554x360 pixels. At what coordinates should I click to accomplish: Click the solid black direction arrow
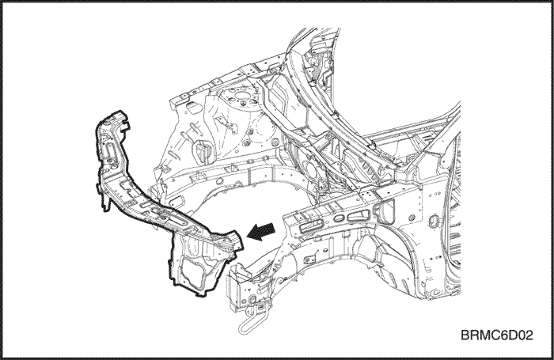point(260,232)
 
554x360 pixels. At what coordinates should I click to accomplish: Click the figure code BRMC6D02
point(496,335)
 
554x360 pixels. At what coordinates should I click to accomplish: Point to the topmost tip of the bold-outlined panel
point(120,111)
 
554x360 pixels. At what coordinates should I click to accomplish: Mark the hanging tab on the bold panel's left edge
point(105,205)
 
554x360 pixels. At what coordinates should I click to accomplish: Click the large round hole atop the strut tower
point(241,96)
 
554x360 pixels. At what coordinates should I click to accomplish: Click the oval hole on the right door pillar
point(434,222)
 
